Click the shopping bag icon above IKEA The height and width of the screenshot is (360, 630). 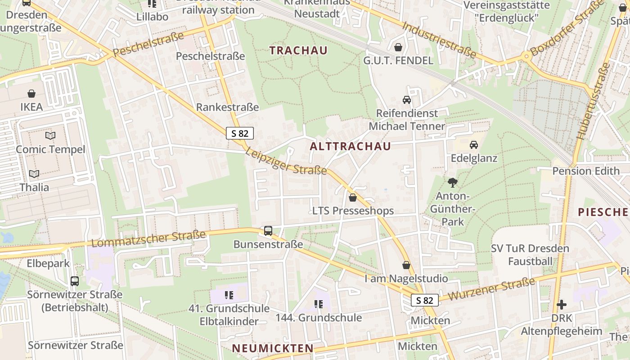click(31, 94)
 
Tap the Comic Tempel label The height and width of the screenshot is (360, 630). click(50, 149)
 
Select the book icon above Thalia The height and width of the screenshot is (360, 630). click(34, 174)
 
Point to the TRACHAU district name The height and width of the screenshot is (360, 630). click(298, 50)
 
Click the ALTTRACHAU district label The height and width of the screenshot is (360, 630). click(350, 146)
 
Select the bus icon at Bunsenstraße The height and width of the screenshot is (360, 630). click(268, 231)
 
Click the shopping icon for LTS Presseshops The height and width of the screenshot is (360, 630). click(353, 198)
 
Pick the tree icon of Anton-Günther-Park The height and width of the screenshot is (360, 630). click(452, 183)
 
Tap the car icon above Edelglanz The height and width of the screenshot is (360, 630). click(474, 145)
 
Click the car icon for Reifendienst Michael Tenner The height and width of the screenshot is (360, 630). click(407, 100)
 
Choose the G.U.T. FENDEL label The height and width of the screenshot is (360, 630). click(398, 60)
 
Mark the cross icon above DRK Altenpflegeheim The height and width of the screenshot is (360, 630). click(561, 305)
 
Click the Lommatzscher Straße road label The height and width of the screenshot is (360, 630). click(148, 238)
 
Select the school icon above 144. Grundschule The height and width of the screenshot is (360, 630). click(319, 304)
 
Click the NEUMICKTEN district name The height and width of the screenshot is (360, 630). click(273, 348)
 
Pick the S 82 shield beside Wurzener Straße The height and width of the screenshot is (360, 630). click(424, 300)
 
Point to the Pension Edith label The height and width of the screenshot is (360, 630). click(585, 171)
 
